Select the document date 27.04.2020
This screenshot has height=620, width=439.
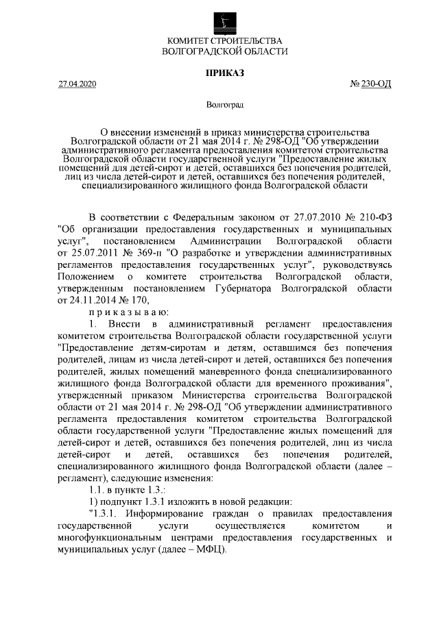coord(78,84)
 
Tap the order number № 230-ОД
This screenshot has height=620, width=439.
coord(370,84)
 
